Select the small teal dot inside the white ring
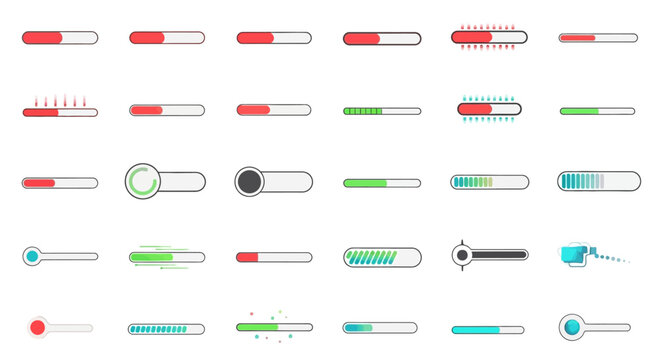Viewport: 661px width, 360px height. [31, 256]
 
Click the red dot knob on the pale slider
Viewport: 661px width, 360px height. [38, 327]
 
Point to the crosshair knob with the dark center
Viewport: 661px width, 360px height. [461, 256]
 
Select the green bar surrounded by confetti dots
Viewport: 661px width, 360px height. [257, 327]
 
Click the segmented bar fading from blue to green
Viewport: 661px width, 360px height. [473, 182]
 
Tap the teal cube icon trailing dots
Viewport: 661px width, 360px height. [573, 255]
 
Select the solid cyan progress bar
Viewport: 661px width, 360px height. [487, 329]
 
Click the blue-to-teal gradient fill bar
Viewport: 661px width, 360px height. [359, 327]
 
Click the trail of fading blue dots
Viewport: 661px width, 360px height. [614, 258]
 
